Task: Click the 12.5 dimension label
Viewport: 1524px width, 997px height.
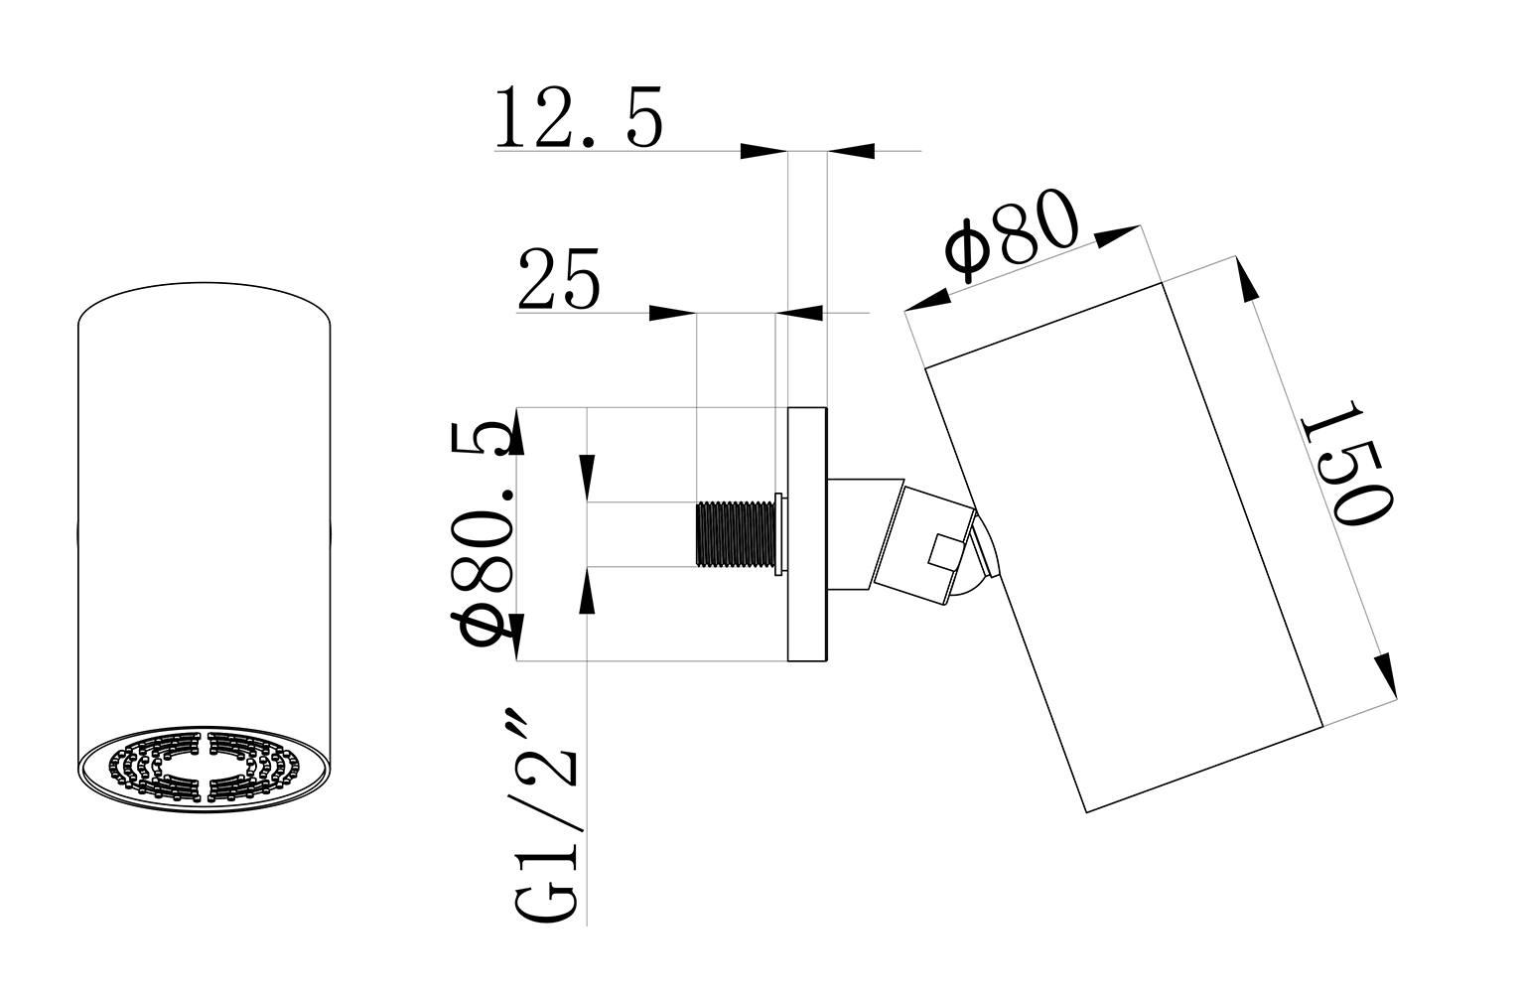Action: tap(578, 119)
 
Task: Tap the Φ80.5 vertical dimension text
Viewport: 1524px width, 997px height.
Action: tap(486, 533)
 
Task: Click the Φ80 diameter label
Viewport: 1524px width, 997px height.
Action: tap(1011, 235)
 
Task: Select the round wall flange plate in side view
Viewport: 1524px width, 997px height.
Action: tap(807, 534)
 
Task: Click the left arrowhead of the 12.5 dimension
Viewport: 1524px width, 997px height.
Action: tap(763, 152)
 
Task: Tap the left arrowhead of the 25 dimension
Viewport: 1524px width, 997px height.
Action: tap(672, 314)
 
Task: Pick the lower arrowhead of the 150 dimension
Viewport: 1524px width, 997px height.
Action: tap(1386, 675)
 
